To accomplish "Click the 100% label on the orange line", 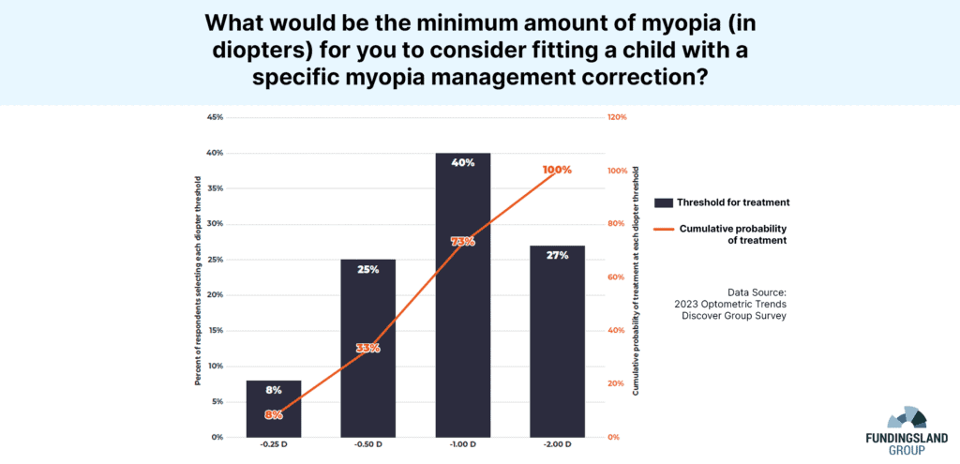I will click(557, 170).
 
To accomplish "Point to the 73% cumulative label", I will click(462, 242).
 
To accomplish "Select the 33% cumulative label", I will click(367, 348).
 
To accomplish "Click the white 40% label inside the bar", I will click(462, 163).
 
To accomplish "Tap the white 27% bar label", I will click(557, 255).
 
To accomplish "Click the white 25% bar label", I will click(367, 270).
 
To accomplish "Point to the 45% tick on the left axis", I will click(215, 117).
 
